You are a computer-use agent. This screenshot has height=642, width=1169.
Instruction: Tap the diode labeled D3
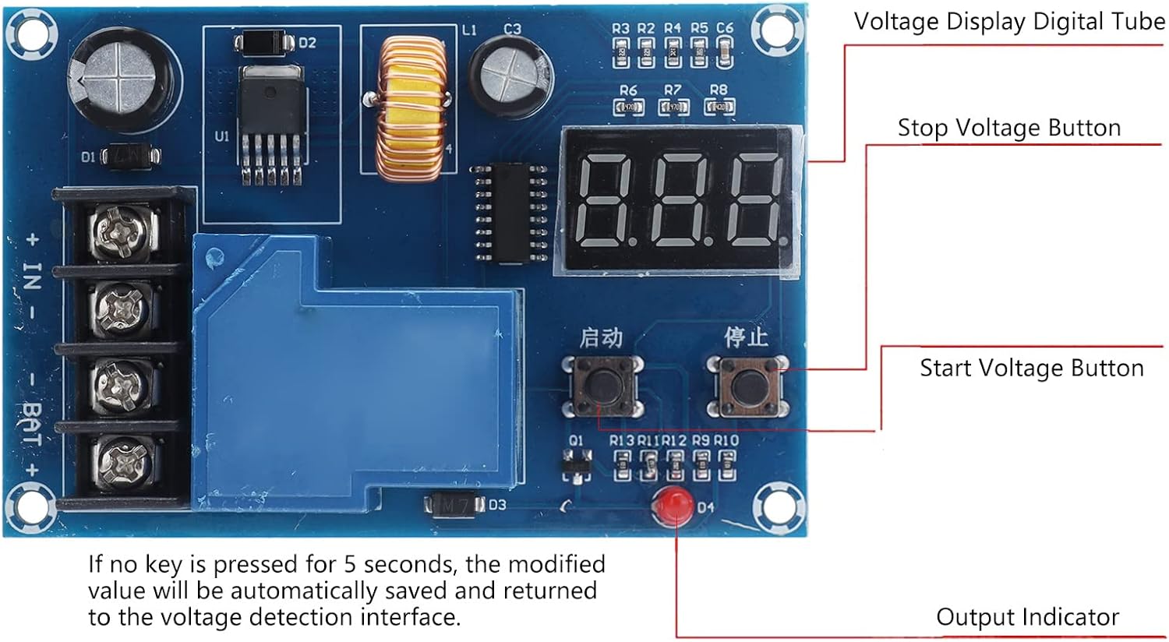click(x=454, y=505)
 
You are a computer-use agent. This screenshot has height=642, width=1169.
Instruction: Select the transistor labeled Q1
click(x=576, y=466)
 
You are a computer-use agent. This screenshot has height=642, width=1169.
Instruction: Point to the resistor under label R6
click(x=629, y=107)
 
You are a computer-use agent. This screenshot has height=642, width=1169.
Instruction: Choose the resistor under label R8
click(x=719, y=107)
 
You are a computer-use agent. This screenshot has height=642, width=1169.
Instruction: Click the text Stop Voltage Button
click(x=1008, y=128)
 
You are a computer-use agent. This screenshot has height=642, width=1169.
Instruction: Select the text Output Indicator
click(x=1027, y=617)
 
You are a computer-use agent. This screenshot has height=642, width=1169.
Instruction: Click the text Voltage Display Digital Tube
click(x=1008, y=22)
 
